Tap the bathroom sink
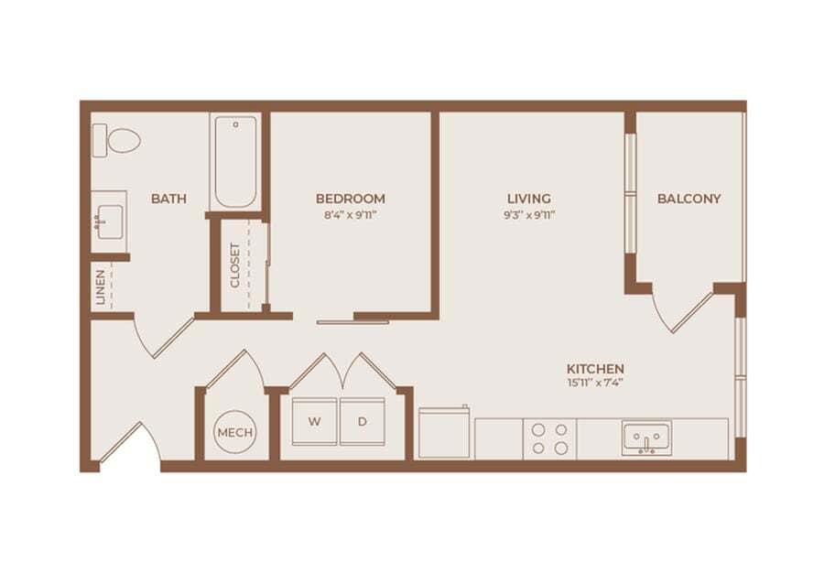109,221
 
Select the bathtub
236,163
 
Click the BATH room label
169,199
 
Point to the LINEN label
101,286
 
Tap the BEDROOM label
350,199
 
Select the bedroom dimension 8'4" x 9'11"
350,216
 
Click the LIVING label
529,199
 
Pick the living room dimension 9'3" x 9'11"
529,216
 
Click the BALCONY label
688,199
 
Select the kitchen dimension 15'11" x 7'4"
595,384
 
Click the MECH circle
235,431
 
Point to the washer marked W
315,422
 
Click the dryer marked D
363,422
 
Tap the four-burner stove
549,438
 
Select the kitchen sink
646,437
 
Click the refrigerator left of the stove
444,433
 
